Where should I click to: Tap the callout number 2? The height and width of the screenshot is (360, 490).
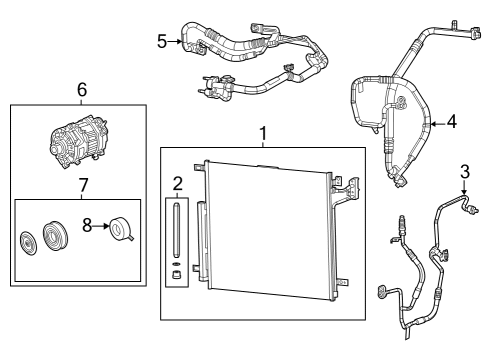click(x=176, y=183)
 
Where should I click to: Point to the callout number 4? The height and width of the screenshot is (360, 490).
click(x=452, y=123)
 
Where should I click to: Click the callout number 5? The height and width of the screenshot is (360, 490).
click(x=162, y=41)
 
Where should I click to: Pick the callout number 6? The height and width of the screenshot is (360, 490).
click(x=82, y=90)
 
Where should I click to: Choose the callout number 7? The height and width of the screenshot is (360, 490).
click(x=82, y=186)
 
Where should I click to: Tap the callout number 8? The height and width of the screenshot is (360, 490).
click(x=89, y=227)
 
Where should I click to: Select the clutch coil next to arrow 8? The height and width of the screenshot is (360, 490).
click(x=123, y=229)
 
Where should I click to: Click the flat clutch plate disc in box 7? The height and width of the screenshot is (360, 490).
click(x=29, y=243)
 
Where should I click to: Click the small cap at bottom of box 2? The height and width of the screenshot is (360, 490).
click(x=176, y=272)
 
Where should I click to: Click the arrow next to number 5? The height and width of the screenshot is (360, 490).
click(x=176, y=41)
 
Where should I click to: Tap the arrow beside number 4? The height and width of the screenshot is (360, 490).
click(x=437, y=123)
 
